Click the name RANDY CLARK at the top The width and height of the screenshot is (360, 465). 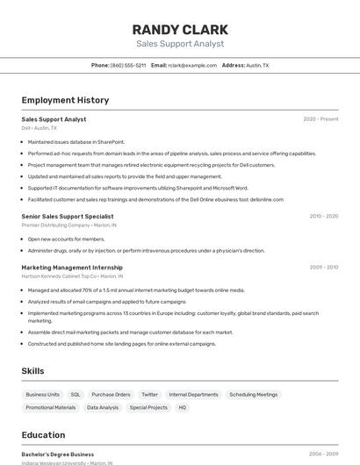click(x=180, y=29)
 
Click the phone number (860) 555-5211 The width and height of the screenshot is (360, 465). click(x=128, y=65)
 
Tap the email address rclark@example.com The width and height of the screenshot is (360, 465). click(x=192, y=65)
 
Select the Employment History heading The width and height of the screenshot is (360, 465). click(x=65, y=100)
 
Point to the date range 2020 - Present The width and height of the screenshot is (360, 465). click(x=320, y=118)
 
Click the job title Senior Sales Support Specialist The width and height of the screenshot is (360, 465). click(x=68, y=216)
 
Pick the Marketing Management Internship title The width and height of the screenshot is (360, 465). click(x=72, y=267)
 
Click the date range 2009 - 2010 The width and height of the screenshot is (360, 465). click(x=323, y=267)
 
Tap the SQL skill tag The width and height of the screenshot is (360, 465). click(x=76, y=395)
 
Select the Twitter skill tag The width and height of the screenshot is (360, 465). click(x=149, y=395)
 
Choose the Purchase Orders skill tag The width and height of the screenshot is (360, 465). click(x=111, y=395)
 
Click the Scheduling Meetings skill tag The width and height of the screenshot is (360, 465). click(x=253, y=395)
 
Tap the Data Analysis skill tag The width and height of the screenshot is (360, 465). click(x=103, y=407)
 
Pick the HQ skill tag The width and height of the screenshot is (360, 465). click(x=183, y=407)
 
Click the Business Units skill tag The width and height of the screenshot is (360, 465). click(x=42, y=395)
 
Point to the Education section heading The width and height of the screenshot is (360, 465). click(x=43, y=434)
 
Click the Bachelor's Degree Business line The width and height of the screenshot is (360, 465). click(x=57, y=454)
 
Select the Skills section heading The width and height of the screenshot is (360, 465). click(x=32, y=371)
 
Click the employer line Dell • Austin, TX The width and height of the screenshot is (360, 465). click(x=39, y=128)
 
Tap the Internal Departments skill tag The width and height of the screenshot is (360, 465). click(x=193, y=395)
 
